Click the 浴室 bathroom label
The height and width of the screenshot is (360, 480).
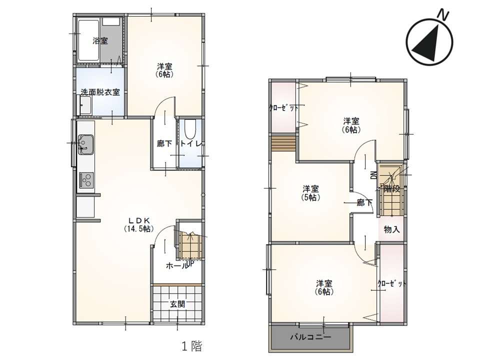(100, 40)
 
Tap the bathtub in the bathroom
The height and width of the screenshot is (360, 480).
(89, 40)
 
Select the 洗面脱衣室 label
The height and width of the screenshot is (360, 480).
(100, 92)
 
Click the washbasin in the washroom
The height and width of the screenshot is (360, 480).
(85, 105)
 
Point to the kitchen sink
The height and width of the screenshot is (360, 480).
(86, 144)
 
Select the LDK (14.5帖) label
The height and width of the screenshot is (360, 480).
(138, 224)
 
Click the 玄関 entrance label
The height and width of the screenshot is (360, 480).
(177, 304)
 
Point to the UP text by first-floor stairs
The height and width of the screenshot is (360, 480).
(190, 263)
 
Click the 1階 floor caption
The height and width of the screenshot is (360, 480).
(192, 346)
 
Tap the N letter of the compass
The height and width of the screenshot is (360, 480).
(443, 14)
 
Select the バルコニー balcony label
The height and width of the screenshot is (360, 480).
(310, 337)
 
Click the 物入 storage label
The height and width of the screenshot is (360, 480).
(392, 229)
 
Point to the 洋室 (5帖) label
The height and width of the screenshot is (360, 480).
(310, 193)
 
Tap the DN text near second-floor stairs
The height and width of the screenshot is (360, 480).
(373, 175)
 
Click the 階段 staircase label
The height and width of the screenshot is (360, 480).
(391, 189)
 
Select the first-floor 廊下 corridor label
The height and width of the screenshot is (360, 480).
(164, 143)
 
